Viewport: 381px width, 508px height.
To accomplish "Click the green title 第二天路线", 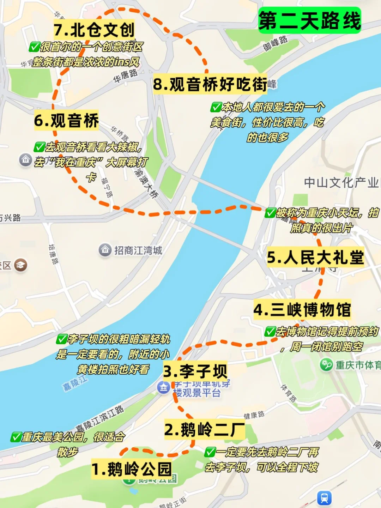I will click(309, 20).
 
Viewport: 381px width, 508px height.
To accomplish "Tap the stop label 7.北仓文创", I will click(94, 30).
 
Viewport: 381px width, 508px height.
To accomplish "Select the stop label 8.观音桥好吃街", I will click(210, 84).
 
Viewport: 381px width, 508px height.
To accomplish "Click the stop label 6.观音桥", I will click(66, 120).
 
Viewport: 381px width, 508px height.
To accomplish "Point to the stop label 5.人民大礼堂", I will click(315, 257).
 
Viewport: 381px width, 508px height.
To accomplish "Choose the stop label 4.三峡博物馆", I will click(302, 310).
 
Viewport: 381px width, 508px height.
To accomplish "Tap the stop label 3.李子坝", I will click(195, 371).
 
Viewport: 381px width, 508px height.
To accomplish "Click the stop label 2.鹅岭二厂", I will click(204, 429).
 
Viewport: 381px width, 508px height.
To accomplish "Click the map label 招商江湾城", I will click(138, 250).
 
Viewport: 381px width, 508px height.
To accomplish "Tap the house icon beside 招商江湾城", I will click(105, 250).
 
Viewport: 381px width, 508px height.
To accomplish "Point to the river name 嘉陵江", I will click(75, 383).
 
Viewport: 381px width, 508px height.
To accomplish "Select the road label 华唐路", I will click(125, 76).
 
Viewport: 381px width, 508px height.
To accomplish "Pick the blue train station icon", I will click(324, 498).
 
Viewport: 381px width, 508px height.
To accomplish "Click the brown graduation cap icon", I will click(20, 265).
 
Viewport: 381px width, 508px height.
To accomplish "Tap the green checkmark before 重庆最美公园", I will click(16, 437).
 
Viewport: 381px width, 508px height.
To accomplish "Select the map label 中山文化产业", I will click(341, 182).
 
